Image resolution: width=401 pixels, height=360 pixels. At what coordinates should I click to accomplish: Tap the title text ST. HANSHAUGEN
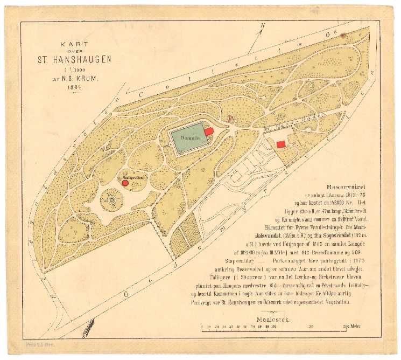tap(74, 59)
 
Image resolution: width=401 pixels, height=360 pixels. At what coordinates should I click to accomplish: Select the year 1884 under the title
tap(74, 87)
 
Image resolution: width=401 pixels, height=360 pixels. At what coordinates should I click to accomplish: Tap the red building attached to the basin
tap(209, 132)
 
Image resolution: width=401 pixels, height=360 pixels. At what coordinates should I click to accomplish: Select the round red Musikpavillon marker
tap(125, 183)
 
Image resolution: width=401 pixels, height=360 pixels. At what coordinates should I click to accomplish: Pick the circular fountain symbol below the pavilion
tap(111, 200)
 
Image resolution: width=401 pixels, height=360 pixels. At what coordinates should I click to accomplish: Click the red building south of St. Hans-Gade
tap(280, 144)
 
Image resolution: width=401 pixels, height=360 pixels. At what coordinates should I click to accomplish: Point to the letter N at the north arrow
tap(263, 25)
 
